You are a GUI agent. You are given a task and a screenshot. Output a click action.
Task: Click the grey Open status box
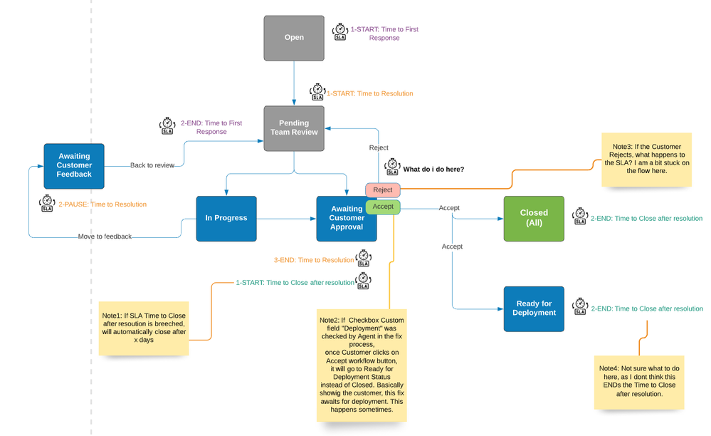[x=294, y=38]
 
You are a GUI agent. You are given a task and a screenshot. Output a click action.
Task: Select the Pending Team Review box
[x=294, y=127]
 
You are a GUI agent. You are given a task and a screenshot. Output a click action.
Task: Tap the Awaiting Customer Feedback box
[x=74, y=165]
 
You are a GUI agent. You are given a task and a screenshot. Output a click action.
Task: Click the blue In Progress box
[x=226, y=218]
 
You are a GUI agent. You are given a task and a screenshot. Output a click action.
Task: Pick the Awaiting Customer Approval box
[x=346, y=218]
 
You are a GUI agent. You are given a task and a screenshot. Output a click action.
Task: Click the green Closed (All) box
[x=534, y=218]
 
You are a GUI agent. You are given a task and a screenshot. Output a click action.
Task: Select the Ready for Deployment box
[x=534, y=308]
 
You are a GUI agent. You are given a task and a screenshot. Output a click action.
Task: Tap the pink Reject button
[x=383, y=190]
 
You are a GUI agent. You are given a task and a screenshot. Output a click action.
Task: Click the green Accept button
[x=383, y=207]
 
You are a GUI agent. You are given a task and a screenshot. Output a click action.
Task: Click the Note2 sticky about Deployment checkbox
[x=362, y=364]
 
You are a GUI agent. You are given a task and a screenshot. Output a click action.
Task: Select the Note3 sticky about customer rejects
[x=646, y=160]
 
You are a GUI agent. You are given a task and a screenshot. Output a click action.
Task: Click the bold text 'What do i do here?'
[x=433, y=170]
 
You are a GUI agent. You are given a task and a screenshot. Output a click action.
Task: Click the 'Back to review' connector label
[x=152, y=165]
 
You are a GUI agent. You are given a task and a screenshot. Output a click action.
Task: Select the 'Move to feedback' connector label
[x=105, y=237]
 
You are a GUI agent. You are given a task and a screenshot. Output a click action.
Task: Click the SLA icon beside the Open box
[x=340, y=32]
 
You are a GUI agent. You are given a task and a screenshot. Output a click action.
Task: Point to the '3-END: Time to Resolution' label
[x=314, y=260]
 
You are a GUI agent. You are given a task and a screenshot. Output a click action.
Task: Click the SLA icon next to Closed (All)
[x=580, y=217]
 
